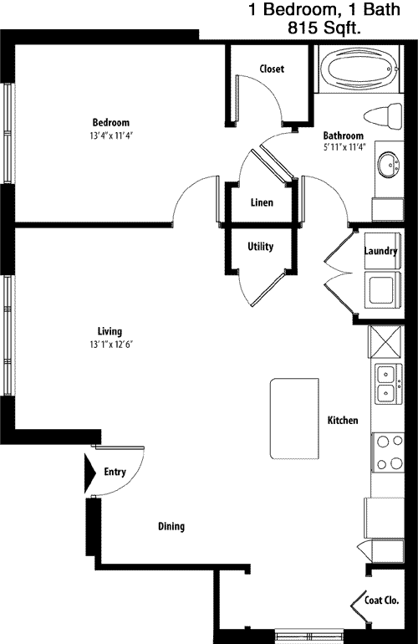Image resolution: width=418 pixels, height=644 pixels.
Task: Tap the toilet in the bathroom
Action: tap(383, 115)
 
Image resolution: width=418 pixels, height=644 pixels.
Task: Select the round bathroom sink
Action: tap(389, 164)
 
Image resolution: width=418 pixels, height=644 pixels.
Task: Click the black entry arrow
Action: tap(90, 473)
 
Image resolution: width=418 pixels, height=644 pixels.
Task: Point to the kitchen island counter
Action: tap(294, 418)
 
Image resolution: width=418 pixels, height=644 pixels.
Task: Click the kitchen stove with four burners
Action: tap(388, 452)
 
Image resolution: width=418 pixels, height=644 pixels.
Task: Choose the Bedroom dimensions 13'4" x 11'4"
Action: tap(111, 135)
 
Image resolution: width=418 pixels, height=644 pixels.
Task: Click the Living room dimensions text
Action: tap(111, 345)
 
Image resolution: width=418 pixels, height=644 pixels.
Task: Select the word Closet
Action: tap(272, 69)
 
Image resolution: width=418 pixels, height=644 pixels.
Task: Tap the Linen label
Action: tap(262, 202)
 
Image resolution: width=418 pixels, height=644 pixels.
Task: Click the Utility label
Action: tap(260, 247)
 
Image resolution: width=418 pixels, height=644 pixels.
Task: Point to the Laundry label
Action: tap(380, 251)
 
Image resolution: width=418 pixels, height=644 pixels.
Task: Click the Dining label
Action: tap(171, 527)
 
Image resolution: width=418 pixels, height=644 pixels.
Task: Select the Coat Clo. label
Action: tap(381, 601)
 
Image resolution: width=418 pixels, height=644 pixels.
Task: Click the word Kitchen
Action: tap(343, 420)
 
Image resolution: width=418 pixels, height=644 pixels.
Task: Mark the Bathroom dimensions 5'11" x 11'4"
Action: tap(344, 146)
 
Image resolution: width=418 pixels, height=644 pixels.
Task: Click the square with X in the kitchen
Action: tap(385, 342)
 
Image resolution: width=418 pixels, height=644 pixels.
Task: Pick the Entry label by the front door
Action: tap(115, 472)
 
